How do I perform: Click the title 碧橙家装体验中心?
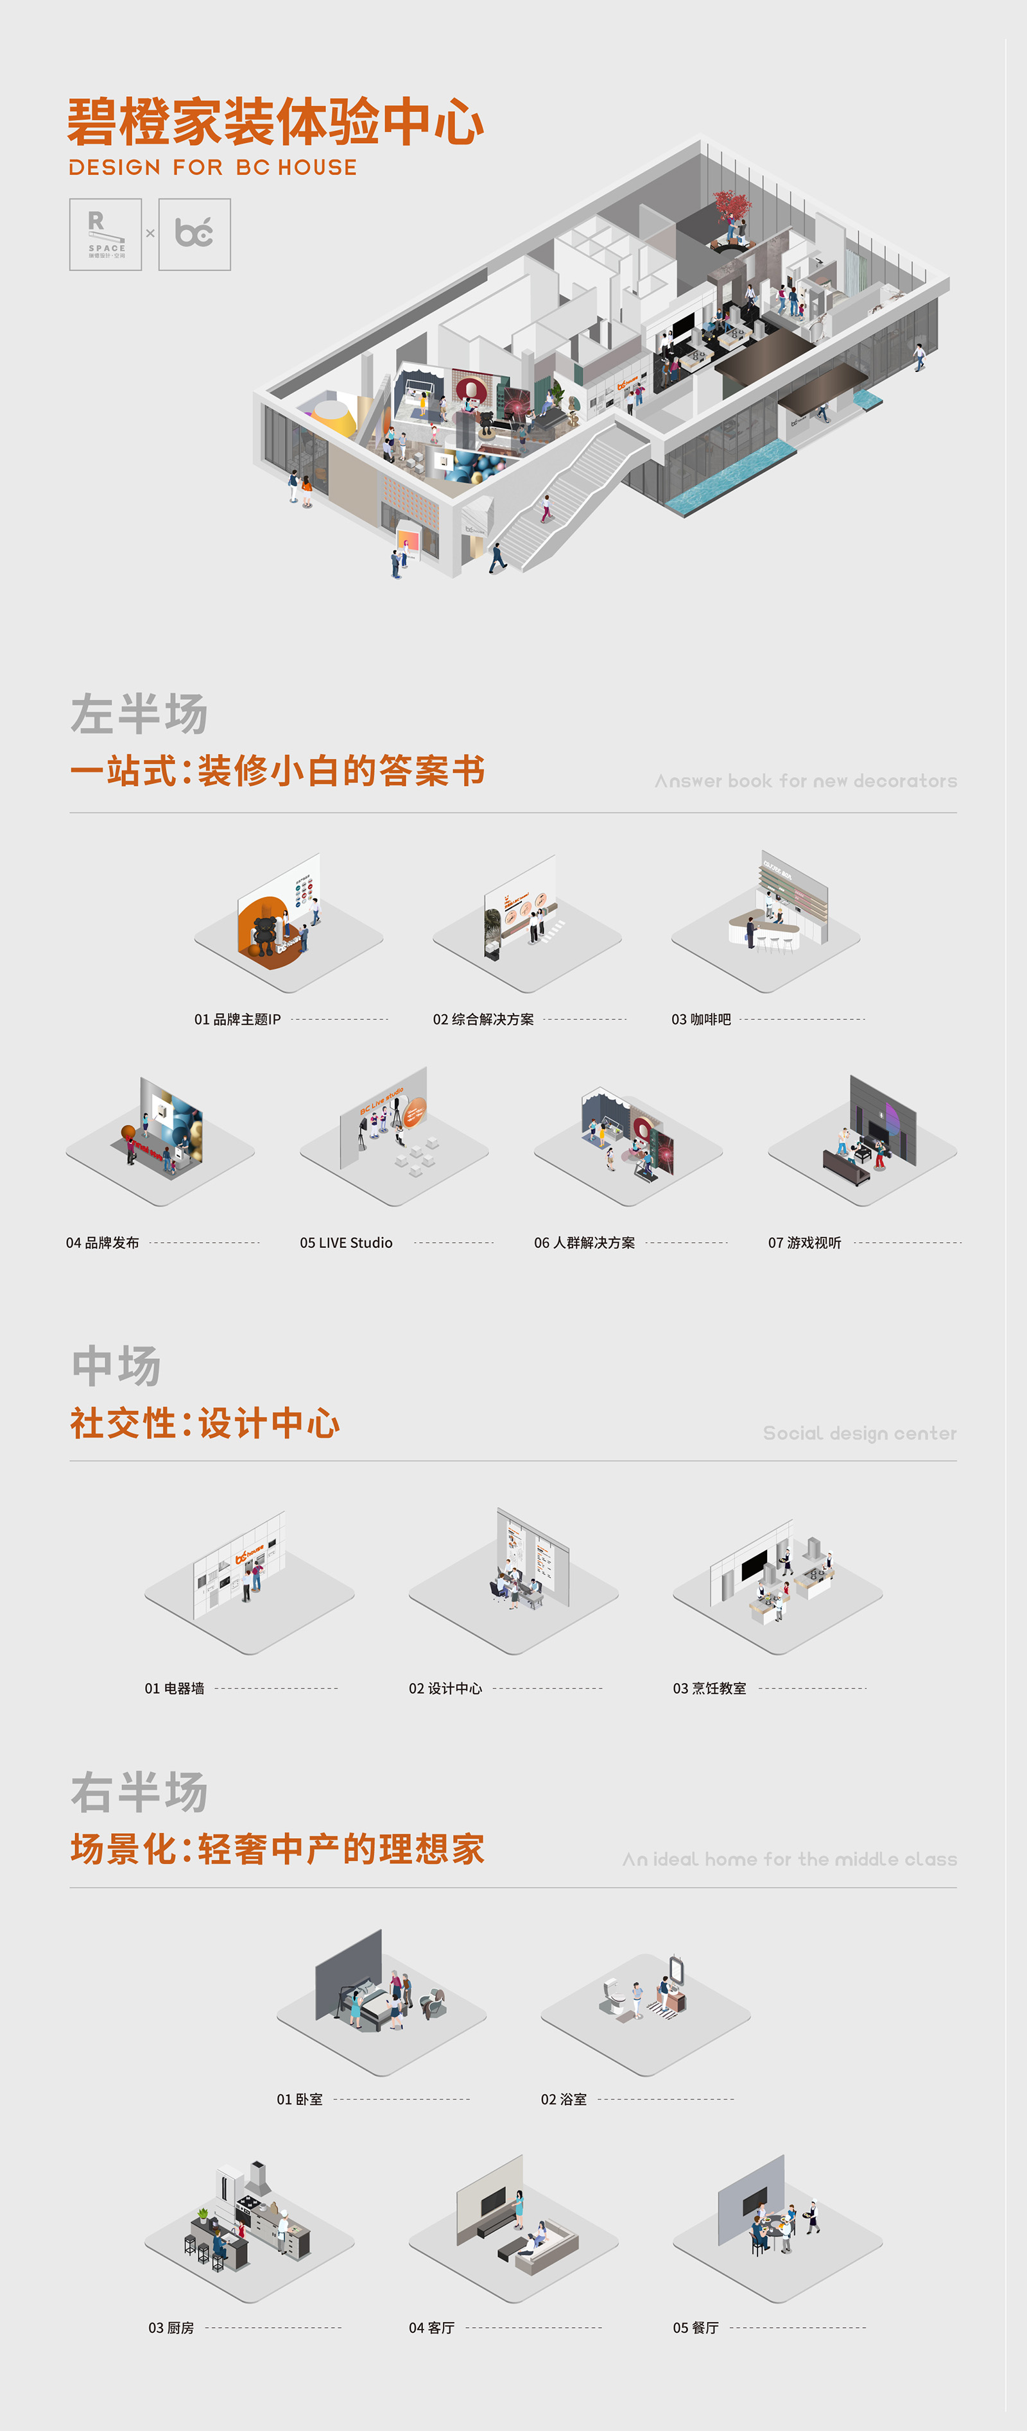coord(275,122)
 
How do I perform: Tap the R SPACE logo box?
coord(106,235)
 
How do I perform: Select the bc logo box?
coord(194,235)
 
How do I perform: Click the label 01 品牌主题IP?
coord(237,1019)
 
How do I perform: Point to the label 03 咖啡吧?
coord(702,1019)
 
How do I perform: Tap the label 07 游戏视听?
coord(804,1243)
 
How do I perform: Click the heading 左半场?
coord(139,714)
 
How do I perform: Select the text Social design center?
coord(859,1433)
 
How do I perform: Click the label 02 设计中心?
coord(445,1688)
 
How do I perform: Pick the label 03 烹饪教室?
coord(709,1688)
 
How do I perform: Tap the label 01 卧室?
coord(299,2100)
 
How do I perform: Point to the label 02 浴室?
coord(564,2100)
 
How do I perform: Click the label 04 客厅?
coord(431,2328)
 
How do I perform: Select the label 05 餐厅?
coord(696,2328)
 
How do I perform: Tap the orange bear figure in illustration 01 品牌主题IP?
coord(266,930)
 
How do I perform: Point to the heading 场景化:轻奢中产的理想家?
coord(277,1850)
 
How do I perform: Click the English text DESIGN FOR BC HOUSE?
coord(212,168)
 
